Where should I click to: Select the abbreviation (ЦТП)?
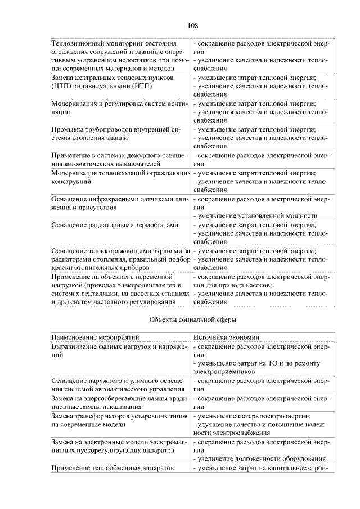pos(62,87)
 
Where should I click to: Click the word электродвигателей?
pos(147,285)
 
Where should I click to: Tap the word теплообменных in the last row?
pos(121,467)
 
